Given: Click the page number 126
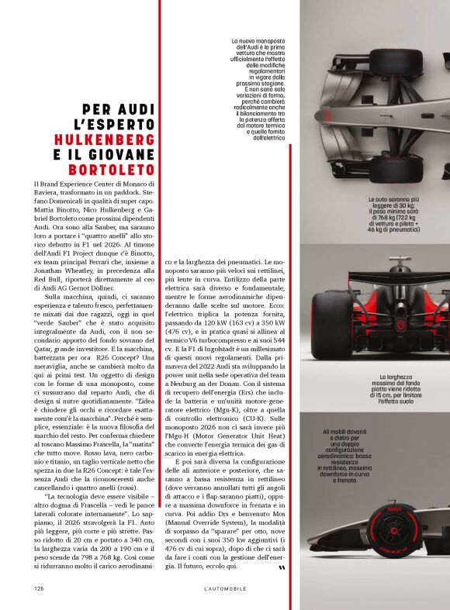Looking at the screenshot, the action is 38,588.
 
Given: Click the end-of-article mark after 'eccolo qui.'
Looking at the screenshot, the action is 281,567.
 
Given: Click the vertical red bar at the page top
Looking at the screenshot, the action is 159,47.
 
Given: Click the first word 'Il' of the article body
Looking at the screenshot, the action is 36,184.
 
